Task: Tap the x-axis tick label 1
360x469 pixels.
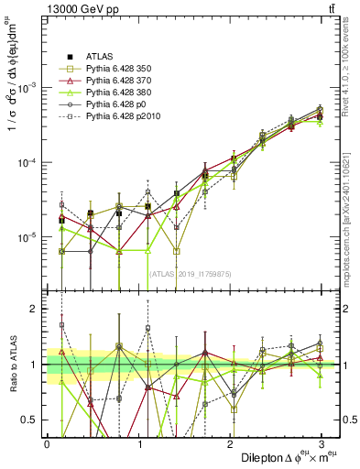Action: point(139,443)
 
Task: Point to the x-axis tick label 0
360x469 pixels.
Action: point(47,443)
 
